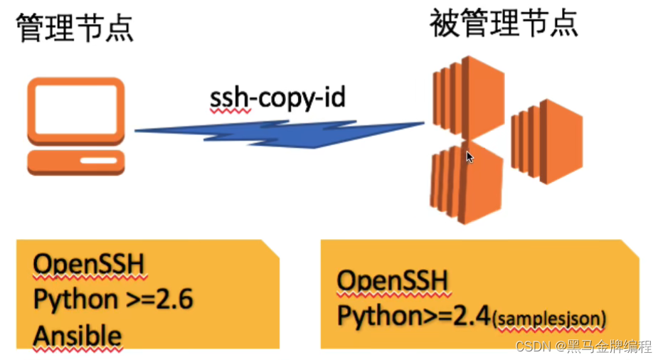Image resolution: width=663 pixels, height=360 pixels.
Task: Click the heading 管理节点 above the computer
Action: (74, 28)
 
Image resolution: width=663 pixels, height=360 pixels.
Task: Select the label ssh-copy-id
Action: (277, 97)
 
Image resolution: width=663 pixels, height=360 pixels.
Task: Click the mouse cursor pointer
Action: (470, 157)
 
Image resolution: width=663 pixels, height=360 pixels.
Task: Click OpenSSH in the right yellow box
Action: (393, 282)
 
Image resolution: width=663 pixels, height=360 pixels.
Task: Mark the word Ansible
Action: (78, 334)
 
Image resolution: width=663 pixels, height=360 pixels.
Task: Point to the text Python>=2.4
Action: (414, 314)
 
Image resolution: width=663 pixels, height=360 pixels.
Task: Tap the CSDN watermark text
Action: (530, 347)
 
